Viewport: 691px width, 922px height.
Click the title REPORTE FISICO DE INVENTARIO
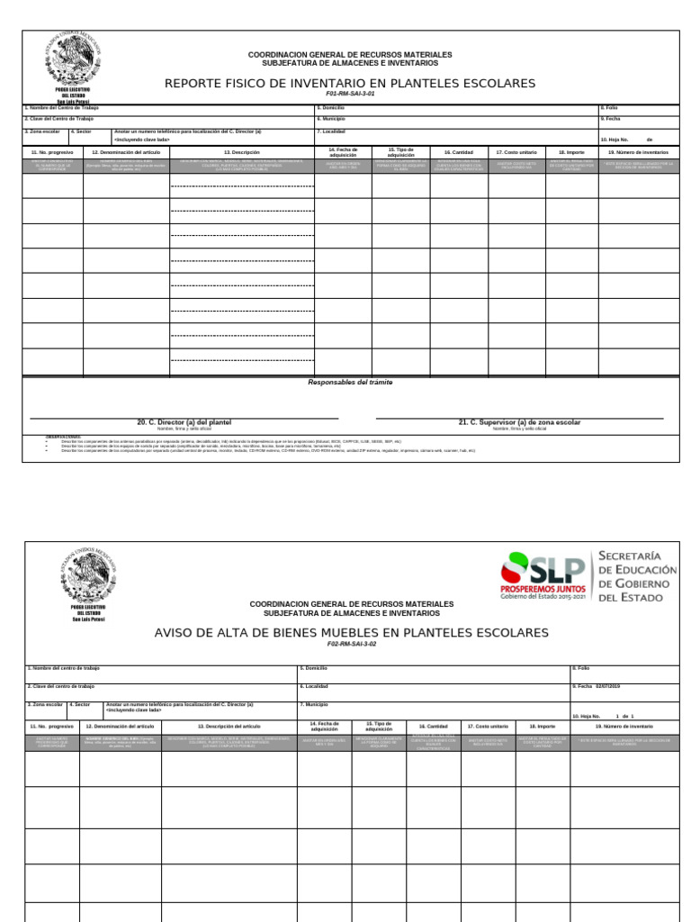pos(350,84)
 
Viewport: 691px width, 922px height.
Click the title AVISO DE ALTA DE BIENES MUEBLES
pos(351,633)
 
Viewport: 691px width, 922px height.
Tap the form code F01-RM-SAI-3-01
pos(350,95)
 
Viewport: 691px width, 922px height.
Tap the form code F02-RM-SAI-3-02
pos(351,645)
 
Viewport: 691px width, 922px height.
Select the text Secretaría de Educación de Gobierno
pos(637,576)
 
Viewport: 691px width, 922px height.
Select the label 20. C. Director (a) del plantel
pos(184,421)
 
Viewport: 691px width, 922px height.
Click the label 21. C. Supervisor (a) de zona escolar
pos(519,421)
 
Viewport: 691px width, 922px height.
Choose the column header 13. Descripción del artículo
pos(229,725)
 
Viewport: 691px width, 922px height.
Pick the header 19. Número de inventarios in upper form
pos(637,152)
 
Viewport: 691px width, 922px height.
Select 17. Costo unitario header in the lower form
pos(488,725)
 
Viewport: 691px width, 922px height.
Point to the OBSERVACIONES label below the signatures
pos(63,436)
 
